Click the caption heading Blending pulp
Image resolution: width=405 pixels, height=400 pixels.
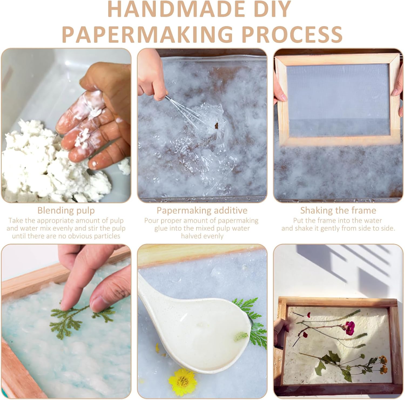click(x=66, y=210)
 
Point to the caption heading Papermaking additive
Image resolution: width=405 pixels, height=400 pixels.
click(x=202, y=210)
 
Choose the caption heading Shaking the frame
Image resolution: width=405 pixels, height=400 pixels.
click(x=338, y=210)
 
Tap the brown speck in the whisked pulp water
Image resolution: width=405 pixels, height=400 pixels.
click(x=216, y=125)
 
